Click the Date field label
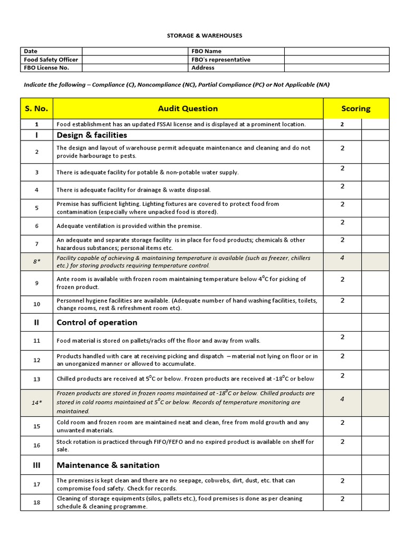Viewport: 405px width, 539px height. click(x=31, y=51)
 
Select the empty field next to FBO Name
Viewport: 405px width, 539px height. click(x=336, y=51)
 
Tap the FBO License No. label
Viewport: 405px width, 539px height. click(x=46, y=67)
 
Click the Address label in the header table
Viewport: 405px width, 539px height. click(x=203, y=67)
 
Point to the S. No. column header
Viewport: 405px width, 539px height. click(x=36, y=108)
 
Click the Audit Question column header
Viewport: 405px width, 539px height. click(x=188, y=108)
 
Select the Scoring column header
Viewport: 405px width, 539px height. click(x=355, y=108)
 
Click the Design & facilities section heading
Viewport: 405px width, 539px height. click(x=92, y=135)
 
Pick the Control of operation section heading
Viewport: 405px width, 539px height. click(x=97, y=322)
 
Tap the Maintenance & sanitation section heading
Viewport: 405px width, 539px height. click(x=108, y=465)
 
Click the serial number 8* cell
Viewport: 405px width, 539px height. click(x=36, y=262)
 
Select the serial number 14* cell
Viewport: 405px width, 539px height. click(x=36, y=403)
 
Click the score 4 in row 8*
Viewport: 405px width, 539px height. click(x=342, y=258)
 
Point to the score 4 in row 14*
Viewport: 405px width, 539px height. click(x=342, y=399)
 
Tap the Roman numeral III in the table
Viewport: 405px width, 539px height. click(x=36, y=465)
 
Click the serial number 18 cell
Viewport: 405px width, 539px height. click(x=36, y=502)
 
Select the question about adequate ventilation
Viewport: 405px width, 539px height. click(x=129, y=226)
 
